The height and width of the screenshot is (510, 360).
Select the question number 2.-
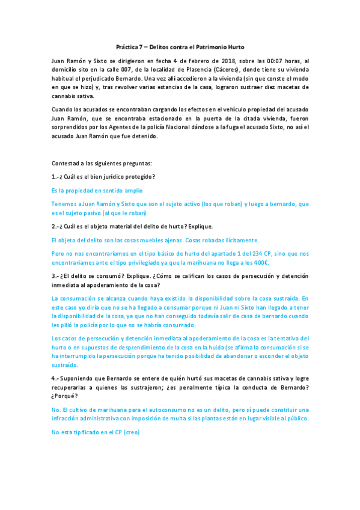(56, 226)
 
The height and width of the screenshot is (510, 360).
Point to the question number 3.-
(56, 275)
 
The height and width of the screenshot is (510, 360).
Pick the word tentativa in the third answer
(282, 339)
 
